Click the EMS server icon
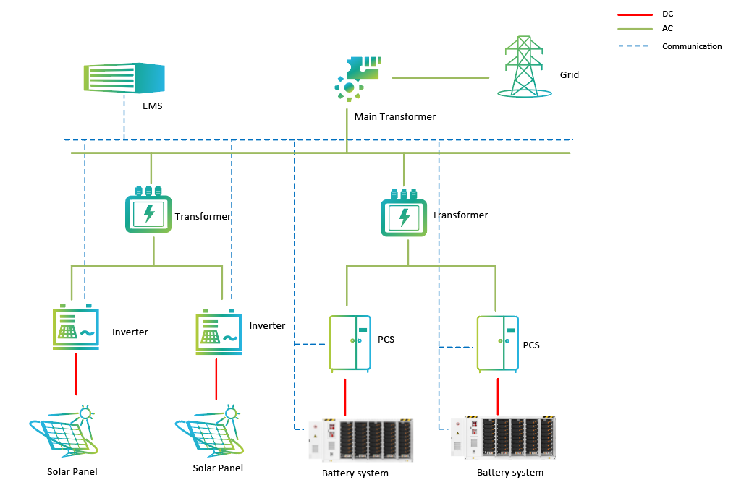pyautogui.click(x=124, y=77)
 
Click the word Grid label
pyautogui.click(x=570, y=75)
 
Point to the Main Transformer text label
pyautogui.click(x=395, y=116)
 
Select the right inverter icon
pyautogui.click(x=219, y=333)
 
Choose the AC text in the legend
pyautogui.click(x=668, y=29)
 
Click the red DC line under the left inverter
pyautogui.click(x=75, y=374)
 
